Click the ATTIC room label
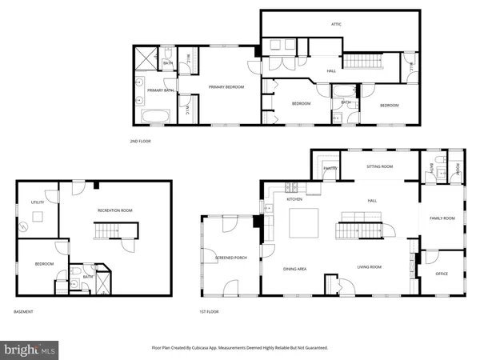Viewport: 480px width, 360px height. tap(337, 25)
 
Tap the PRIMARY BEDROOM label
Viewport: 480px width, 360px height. tap(226, 86)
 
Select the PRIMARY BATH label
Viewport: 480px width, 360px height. tap(160, 90)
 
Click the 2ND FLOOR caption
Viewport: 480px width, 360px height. tap(140, 141)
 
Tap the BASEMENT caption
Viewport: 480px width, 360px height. tap(23, 310)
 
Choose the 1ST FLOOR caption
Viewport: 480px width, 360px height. tap(210, 310)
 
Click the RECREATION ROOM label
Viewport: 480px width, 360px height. tap(114, 210)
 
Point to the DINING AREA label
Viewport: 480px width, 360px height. tap(295, 268)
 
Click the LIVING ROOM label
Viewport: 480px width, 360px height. tap(369, 267)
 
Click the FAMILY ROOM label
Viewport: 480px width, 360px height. tap(442, 218)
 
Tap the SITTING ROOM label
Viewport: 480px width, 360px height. tap(379, 166)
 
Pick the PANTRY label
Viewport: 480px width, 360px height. tap(330, 169)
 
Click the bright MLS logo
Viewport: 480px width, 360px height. tap(30, 349)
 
